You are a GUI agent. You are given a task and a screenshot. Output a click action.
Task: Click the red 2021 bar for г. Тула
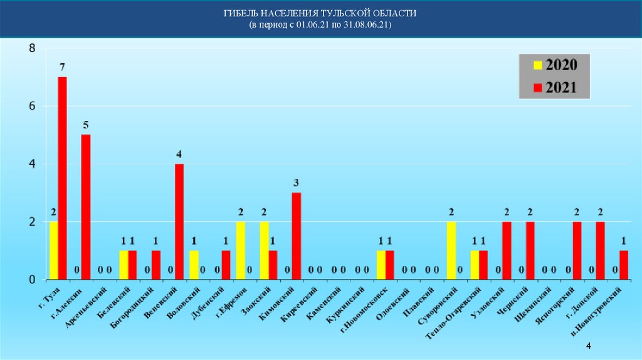tap(62, 178)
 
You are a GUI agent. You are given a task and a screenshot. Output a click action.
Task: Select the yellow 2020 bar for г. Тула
tap(53, 250)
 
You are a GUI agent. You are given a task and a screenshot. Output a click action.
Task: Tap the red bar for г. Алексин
tap(86, 207)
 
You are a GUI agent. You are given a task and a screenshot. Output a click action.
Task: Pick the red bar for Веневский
tap(179, 221)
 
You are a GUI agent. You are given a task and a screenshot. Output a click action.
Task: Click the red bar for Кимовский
tap(297, 236)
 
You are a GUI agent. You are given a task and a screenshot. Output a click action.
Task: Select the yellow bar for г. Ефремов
tap(240, 250)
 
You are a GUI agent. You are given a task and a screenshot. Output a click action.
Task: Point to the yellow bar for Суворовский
tap(451, 250)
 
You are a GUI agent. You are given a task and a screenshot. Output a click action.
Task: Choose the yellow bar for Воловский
tap(194, 265)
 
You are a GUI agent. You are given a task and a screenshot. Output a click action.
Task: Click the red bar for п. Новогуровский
tap(623, 265)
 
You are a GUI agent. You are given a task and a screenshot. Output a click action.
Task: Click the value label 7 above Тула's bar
tap(62, 66)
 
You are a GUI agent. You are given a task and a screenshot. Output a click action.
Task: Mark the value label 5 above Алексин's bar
tap(86, 124)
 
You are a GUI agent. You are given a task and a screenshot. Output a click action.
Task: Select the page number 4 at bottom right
tap(589, 347)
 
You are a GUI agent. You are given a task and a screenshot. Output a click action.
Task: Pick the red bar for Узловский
tap(507, 250)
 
